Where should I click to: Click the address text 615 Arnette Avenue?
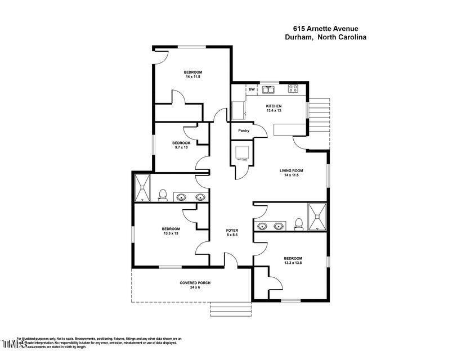325,28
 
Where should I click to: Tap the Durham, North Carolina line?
325,37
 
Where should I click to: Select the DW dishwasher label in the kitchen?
252,89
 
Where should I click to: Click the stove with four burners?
293,88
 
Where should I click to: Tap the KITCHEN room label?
274,106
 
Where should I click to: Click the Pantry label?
244,130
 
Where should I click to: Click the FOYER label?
232,231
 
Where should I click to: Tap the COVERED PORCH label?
195,282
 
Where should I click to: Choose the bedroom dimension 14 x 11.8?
192,76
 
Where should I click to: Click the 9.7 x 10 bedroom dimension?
181,147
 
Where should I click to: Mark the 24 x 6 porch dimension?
195,287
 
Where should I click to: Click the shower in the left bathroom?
142,188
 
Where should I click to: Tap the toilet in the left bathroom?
163,195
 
